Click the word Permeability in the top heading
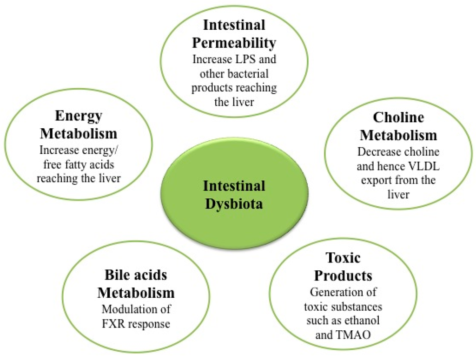[234, 43]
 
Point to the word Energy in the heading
[78, 116]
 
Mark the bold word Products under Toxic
[343, 275]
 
